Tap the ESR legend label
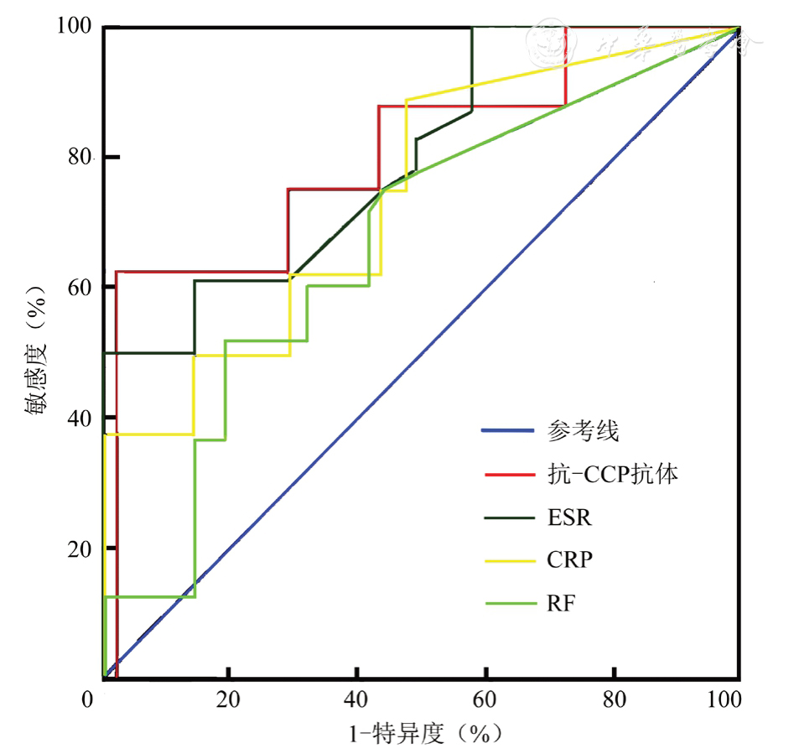click(569, 517)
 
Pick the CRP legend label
click(569, 559)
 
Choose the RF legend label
click(561, 602)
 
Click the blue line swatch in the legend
click(508, 432)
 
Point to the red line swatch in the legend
click(508, 475)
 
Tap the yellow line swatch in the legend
click(508, 559)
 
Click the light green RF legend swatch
click(508, 602)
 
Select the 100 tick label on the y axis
click(76, 27)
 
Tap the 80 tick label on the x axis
click(615, 700)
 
